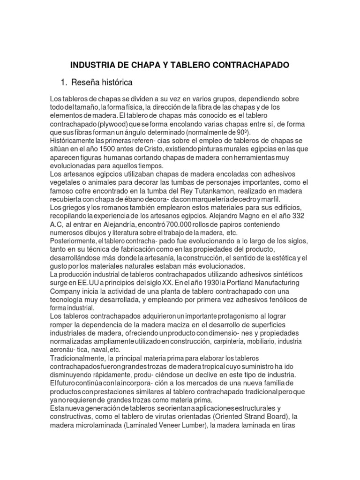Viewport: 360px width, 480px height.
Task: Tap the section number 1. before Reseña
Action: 64,83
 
